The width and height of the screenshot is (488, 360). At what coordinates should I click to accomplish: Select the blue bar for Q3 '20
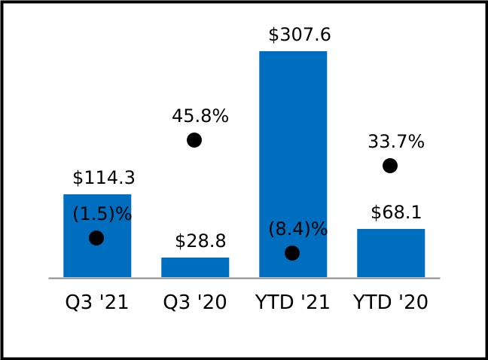[195, 267]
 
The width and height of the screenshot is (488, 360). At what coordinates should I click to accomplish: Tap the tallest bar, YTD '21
[293, 151]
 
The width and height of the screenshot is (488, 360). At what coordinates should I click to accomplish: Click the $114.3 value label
[104, 178]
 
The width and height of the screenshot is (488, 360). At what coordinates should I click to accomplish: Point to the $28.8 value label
[200, 242]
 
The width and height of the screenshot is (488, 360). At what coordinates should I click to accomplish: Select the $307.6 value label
[300, 35]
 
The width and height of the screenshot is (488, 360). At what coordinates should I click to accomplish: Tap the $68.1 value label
[396, 213]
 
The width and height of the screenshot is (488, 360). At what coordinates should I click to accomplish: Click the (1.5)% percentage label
[102, 215]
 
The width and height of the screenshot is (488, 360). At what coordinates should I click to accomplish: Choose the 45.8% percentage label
[200, 117]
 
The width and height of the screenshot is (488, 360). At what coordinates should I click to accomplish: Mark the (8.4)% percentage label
[298, 230]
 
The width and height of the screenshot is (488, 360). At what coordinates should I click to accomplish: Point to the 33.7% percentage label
[396, 142]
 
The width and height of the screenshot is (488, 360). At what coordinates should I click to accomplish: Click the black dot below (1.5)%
[96, 238]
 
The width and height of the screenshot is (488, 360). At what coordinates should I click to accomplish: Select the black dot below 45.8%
[194, 140]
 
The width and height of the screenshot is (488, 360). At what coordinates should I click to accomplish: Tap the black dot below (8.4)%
[292, 253]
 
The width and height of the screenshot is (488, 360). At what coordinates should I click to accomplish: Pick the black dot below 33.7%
[390, 166]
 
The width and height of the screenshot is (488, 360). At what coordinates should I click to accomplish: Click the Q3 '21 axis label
[97, 303]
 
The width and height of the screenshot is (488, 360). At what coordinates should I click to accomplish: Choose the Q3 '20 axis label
[195, 303]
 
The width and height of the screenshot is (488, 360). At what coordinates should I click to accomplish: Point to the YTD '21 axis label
[293, 303]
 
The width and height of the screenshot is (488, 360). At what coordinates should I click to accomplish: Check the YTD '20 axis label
[391, 303]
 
